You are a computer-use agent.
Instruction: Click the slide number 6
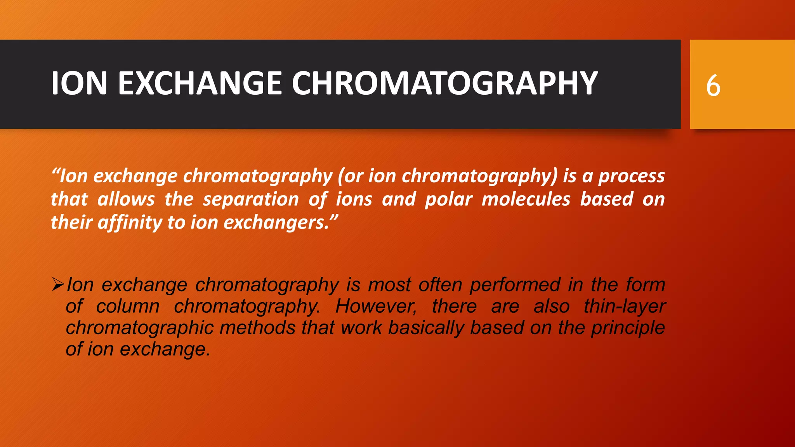[713, 86]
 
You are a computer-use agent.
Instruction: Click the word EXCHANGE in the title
[200, 83]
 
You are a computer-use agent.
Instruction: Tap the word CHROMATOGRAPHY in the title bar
[445, 83]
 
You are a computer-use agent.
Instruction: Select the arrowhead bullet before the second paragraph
[58, 285]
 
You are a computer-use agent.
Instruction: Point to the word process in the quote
[632, 176]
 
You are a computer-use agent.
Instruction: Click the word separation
[251, 199]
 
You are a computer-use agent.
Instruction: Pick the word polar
[449, 199]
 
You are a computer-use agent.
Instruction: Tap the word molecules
[526, 199]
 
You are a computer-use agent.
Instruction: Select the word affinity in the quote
[130, 223]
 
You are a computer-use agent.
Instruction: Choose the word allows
[126, 199]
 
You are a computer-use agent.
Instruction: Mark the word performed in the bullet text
[515, 285]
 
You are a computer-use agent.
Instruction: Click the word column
[128, 307]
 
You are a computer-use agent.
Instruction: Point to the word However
[376, 307]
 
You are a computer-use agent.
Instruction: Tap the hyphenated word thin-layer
[625, 307]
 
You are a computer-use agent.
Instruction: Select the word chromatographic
[140, 328]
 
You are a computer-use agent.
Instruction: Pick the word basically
[426, 328]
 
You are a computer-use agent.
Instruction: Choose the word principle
[628, 328]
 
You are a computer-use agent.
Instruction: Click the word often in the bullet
[440, 285]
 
